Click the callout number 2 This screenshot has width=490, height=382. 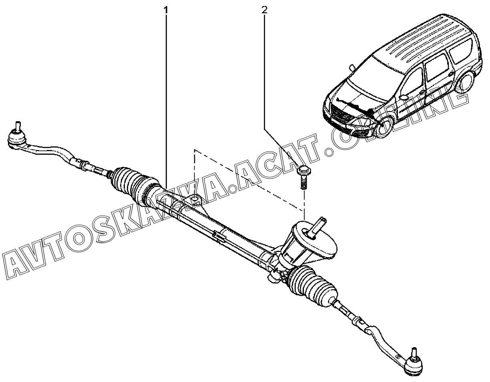click(x=265, y=9)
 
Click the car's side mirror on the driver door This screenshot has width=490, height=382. click(x=404, y=97)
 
